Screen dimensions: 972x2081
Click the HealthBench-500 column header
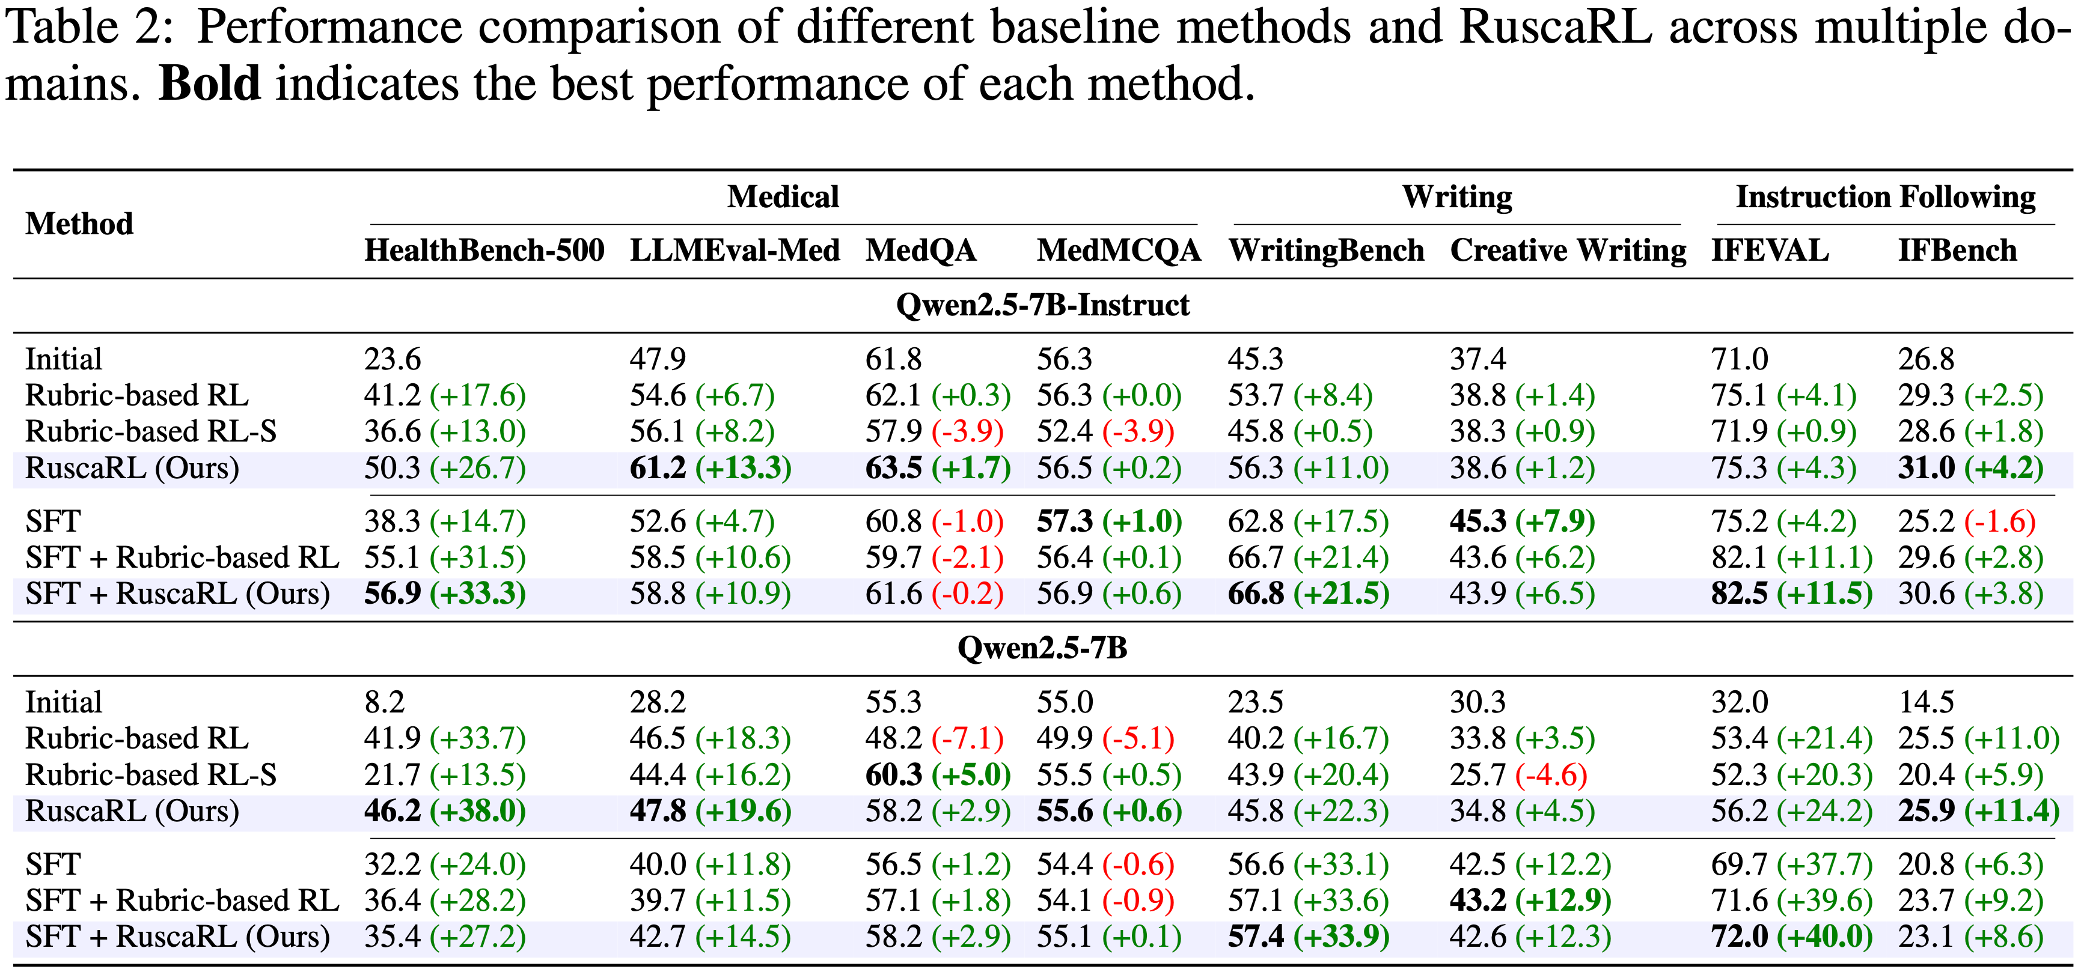(x=484, y=251)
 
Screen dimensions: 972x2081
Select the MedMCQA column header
(x=1119, y=251)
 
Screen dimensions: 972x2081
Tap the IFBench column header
(x=1957, y=251)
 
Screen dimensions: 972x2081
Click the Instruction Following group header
(x=1886, y=197)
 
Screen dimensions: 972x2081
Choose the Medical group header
(x=783, y=197)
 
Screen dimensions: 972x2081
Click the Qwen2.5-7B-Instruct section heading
(x=1042, y=305)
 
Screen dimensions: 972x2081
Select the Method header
(x=79, y=223)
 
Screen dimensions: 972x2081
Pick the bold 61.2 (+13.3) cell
(x=710, y=468)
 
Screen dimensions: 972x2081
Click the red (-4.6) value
(x=1551, y=775)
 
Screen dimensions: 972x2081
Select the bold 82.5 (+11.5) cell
(x=1791, y=594)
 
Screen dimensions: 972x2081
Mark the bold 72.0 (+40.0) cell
(x=1791, y=937)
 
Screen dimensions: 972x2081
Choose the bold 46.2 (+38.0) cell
(x=444, y=812)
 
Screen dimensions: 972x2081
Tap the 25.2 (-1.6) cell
(x=1966, y=521)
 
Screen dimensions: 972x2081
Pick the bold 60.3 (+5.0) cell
(x=937, y=775)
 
